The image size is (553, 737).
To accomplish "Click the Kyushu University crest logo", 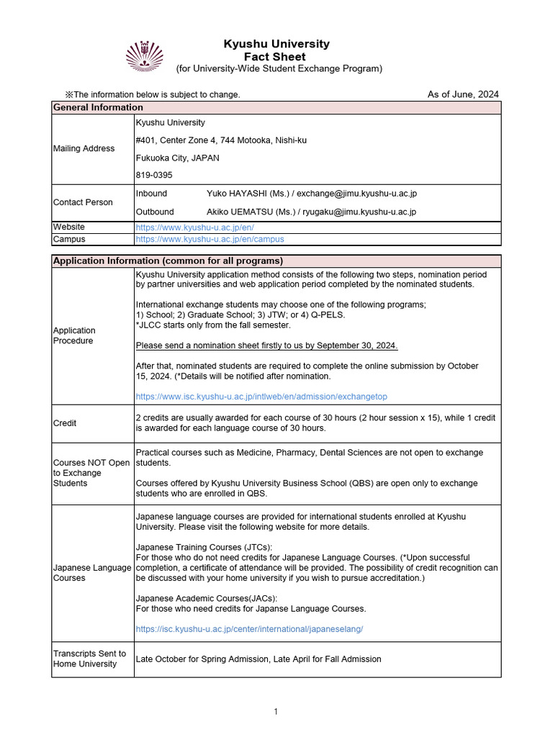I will click(x=145, y=56).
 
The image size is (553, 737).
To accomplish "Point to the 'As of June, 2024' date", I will click(x=462, y=94).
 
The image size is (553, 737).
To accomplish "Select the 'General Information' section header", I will click(x=98, y=107).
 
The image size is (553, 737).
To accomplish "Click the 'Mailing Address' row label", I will click(x=84, y=148).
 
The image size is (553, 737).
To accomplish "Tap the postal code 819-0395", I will click(x=154, y=175).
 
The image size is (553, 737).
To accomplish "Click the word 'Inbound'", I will click(x=151, y=194).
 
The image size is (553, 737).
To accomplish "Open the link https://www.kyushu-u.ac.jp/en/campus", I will click(x=210, y=239).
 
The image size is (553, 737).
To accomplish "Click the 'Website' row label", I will click(x=68, y=227).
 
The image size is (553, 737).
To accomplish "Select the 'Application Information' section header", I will click(x=168, y=261).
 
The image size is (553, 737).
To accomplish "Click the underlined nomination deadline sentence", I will click(x=266, y=345).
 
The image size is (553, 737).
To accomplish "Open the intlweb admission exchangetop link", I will click(x=266, y=397).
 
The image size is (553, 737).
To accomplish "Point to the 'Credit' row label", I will click(x=65, y=423).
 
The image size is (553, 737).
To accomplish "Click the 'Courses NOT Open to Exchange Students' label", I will click(x=91, y=473).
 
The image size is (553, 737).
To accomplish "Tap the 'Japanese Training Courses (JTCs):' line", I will click(x=204, y=548).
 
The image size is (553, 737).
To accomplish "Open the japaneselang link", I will click(x=249, y=628).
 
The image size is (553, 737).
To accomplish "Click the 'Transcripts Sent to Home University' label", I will click(x=89, y=659).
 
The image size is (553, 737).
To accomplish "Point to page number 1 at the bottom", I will click(x=275, y=712).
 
